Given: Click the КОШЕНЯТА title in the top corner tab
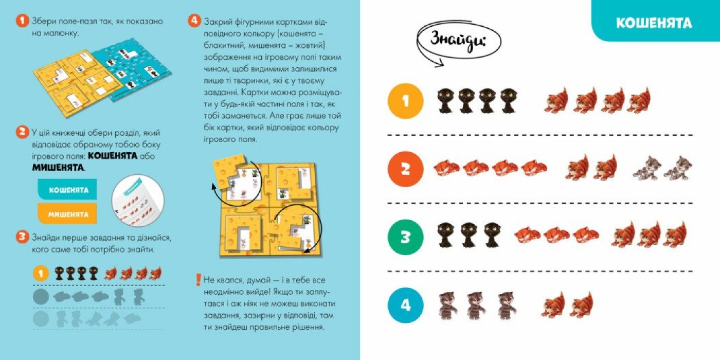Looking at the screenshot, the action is pos(654,23).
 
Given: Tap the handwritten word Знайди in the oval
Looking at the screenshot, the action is pos(458,41).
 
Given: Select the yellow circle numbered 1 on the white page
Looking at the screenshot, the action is pos(406,101).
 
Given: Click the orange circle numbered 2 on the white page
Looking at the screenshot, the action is pos(406,169).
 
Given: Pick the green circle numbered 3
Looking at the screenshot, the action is pos(406,237).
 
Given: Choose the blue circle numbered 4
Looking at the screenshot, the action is pos(406,305).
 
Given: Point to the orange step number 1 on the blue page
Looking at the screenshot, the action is pos(22,21).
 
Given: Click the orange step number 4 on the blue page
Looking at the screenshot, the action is pos(194,21).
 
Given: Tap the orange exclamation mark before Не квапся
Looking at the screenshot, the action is pos(199,280).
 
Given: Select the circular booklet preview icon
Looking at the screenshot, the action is pos(138,201).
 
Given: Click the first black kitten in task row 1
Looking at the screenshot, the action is pos(446,101).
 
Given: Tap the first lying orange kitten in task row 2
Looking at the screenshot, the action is pos(447,169).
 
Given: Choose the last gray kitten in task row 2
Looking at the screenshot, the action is pos(678,168).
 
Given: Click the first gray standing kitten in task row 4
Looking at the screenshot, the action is pos(448,305).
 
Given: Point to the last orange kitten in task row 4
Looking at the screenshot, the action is pos(581,304).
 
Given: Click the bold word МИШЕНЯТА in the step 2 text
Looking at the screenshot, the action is pos(58,168).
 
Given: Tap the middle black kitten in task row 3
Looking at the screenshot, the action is pos(469,236).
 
